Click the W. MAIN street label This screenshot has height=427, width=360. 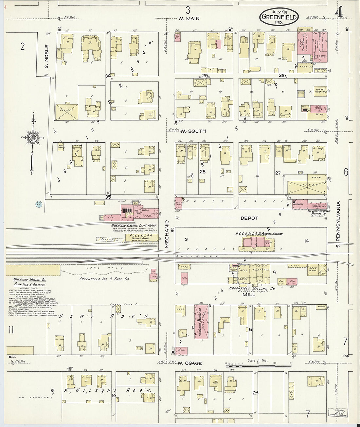189,19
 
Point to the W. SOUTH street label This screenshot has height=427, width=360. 193,131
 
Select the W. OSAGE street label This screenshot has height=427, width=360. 190,363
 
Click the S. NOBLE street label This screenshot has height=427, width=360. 46,56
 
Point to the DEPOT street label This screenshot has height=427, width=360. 249,218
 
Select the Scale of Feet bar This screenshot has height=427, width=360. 259,365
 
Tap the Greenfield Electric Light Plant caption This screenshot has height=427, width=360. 134,225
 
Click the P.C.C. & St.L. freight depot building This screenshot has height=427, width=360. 141,238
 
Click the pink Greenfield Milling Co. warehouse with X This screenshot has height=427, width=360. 202,322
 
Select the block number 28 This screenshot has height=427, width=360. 203,172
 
